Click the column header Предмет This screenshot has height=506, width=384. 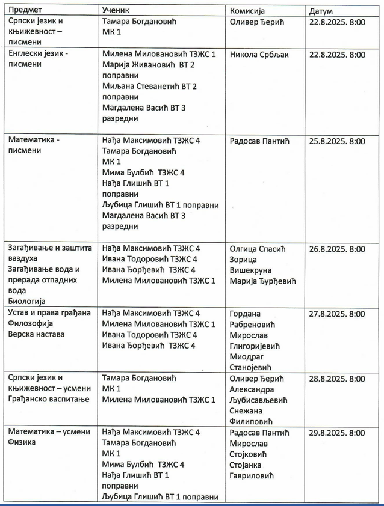click(x=25, y=10)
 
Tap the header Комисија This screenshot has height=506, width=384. click(x=248, y=10)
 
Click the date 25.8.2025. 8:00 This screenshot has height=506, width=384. click(x=336, y=142)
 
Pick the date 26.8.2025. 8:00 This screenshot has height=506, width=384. click(x=336, y=249)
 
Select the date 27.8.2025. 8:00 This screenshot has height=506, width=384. click(x=336, y=314)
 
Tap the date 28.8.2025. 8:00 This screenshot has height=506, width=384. click(x=336, y=379)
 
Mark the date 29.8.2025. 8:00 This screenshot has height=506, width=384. click(x=336, y=433)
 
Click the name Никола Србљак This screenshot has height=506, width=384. click(x=260, y=55)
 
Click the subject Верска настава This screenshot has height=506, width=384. click(x=36, y=334)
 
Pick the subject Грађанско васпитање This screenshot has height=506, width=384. click(x=49, y=400)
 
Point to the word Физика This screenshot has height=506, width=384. click(x=23, y=443)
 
